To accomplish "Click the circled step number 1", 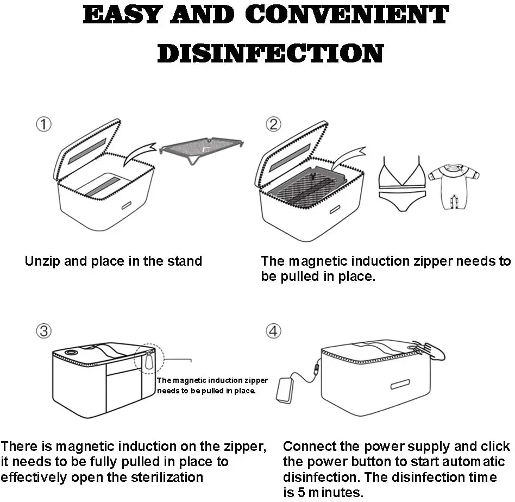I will [43, 124].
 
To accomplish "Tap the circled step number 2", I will [273, 124].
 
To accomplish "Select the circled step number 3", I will [43, 330].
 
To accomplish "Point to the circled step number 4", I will [273, 330].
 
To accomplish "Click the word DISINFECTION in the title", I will [270, 53].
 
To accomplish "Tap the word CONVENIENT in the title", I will [348, 15].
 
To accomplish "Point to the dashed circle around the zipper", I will [147, 358].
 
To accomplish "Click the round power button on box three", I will [70, 354].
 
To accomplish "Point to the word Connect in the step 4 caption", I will [309, 447].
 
